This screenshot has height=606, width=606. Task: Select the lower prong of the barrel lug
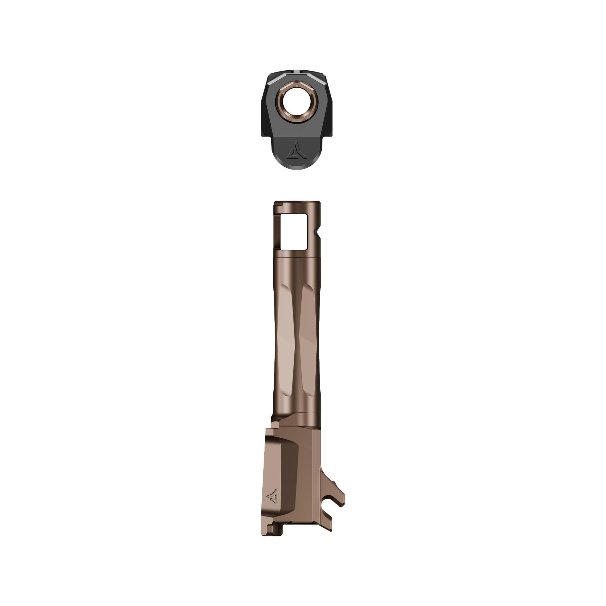pos(327,524)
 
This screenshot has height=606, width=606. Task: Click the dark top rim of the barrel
pos(296,202)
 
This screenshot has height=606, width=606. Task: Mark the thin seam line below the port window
pos(296,256)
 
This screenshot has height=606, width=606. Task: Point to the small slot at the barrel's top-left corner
pos(276,210)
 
